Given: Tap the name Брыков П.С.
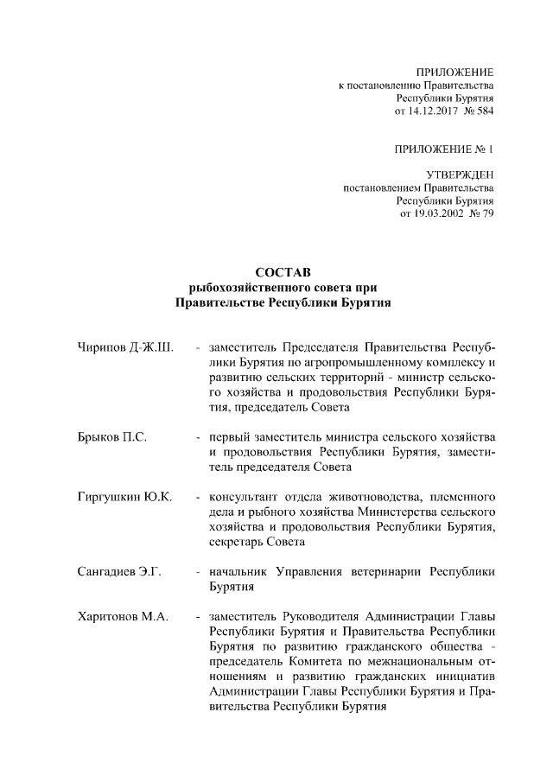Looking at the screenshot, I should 111,438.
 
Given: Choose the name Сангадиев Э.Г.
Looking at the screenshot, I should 120,571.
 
